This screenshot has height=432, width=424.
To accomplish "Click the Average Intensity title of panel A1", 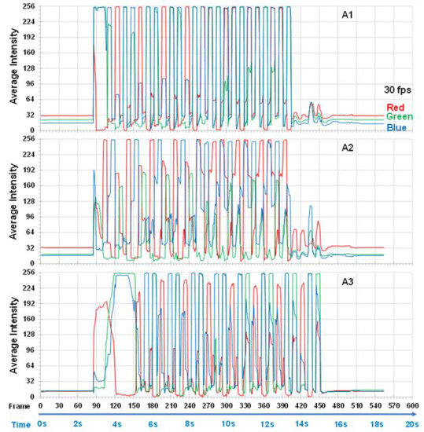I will pyautogui.click(x=13, y=68).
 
